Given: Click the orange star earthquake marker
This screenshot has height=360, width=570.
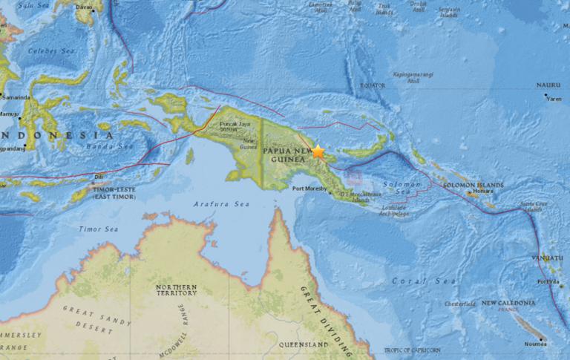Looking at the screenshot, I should (318, 151).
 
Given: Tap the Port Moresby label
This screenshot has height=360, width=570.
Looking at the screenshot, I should (307, 189).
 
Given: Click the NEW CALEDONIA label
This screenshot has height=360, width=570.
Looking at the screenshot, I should (507, 303).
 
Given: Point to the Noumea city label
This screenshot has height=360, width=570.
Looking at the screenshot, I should (534, 344).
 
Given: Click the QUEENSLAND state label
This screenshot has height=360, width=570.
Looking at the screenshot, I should (302, 345).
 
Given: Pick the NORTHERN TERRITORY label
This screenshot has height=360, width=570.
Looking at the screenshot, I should (177, 290).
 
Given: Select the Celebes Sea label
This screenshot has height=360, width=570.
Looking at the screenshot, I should (42, 50).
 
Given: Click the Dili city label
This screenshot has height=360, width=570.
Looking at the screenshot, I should (98, 177).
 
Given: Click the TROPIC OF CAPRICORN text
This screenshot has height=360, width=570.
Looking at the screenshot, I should (412, 349).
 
